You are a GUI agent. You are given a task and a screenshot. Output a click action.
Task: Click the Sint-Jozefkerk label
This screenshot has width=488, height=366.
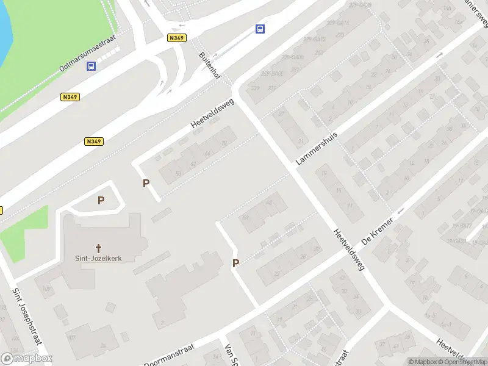[x=99, y=258]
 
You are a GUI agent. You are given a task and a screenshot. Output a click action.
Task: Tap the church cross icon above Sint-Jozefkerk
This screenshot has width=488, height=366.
[x=99, y=248]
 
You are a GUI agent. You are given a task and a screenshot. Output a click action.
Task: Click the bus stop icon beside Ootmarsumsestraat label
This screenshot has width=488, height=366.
[x=91, y=66]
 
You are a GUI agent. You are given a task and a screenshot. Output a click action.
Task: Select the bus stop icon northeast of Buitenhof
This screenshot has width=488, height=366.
[x=260, y=29]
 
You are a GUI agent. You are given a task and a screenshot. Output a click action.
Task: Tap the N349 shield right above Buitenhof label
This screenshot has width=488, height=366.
[x=177, y=38]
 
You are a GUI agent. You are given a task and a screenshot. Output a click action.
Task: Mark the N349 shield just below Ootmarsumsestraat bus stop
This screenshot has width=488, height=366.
[x=70, y=96]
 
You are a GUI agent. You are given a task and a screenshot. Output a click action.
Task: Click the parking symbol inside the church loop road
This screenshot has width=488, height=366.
[x=101, y=199]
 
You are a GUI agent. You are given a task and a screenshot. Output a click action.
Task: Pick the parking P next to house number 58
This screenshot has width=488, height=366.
[x=146, y=182]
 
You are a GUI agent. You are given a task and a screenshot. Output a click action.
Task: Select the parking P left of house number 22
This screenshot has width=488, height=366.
[x=235, y=263]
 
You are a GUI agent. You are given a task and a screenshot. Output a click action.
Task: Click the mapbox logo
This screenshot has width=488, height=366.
[x=27, y=359]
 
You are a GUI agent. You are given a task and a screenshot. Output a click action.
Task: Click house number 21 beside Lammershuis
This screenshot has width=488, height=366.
[x=300, y=141]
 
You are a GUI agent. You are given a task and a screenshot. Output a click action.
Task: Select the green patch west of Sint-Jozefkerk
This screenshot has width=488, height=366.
[x=21, y=232]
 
